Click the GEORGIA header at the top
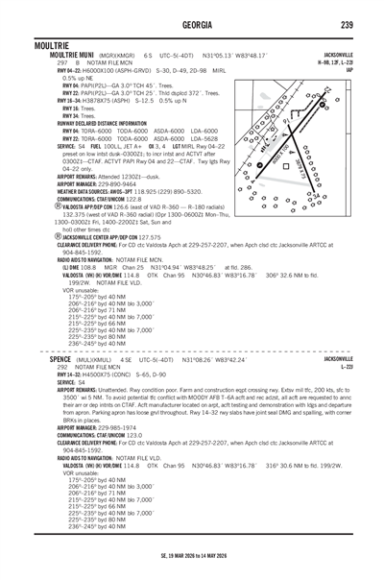tap(192, 24)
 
